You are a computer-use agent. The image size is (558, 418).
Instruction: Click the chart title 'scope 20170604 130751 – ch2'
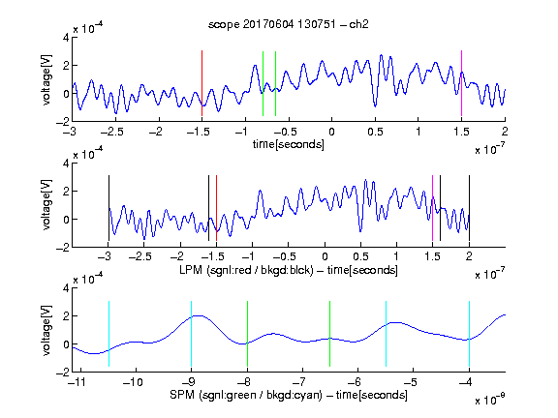click(x=289, y=24)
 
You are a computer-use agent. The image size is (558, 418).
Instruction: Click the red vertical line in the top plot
click(x=201, y=83)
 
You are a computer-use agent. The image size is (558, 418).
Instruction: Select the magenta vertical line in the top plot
click(x=461, y=83)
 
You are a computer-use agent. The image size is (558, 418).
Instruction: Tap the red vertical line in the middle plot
click(x=216, y=208)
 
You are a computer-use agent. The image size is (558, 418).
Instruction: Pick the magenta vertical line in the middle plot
click(x=432, y=208)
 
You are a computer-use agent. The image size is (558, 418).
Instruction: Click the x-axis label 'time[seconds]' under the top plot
click(x=289, y=144)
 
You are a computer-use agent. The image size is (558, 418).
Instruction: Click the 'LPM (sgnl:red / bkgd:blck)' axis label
click(x=246, y=270)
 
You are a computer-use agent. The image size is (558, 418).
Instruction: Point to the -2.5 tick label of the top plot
click(x=111, y=132)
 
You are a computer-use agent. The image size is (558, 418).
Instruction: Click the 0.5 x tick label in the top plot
click(x=375, y=132)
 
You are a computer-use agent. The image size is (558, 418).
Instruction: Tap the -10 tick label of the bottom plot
click(x=133, y=382)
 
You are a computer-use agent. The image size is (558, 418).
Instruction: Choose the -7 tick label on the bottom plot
click(x=299, y=382)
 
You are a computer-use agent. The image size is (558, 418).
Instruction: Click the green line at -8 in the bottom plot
click(x=247, y=334)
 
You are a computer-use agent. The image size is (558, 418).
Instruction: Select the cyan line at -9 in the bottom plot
click(x=191, y=334)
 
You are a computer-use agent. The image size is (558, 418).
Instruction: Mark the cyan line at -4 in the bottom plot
click(x=469, y=334)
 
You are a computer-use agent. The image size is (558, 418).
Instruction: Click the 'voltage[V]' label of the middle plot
click(x=46, y=205)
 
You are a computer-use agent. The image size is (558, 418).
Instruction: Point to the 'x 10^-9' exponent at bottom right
click(x=489, y=401)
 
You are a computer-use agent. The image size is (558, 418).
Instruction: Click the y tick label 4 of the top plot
click(x=66, y=38)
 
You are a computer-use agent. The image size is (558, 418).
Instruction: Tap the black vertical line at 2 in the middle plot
click(x=469, y=208)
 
